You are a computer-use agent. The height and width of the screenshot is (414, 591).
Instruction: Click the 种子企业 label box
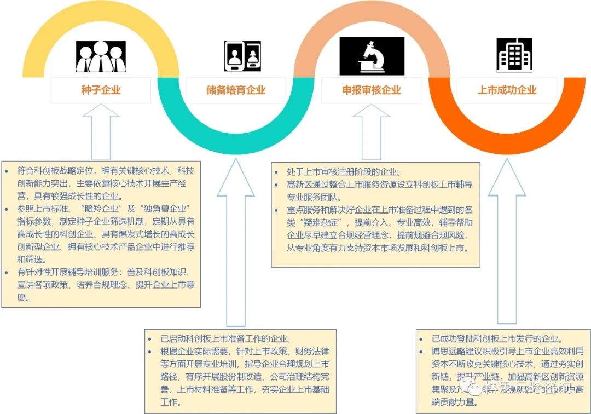(x=101, y=90)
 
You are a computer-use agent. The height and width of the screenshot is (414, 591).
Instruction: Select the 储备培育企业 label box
(x=236, y=90)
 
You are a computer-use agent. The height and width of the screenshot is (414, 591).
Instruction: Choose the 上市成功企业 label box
(x=507, y=90)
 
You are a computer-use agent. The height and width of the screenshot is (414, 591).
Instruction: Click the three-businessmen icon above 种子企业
(x=101, y=56)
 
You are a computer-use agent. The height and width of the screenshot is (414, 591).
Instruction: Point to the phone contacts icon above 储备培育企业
(x=240, y=56)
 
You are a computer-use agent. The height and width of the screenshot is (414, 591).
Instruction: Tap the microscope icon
(x=372, y=56)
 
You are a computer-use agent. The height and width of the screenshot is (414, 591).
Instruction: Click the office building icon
(x=514, y=55)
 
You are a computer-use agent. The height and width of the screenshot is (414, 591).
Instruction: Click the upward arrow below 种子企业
(x=101, y=131)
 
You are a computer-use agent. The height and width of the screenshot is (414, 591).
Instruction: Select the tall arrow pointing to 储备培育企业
(x=236, y=246)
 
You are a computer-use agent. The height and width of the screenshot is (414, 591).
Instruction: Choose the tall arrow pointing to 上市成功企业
(x=507, y=246)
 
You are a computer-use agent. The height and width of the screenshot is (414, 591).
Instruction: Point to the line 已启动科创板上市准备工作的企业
(x=225, y=338)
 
